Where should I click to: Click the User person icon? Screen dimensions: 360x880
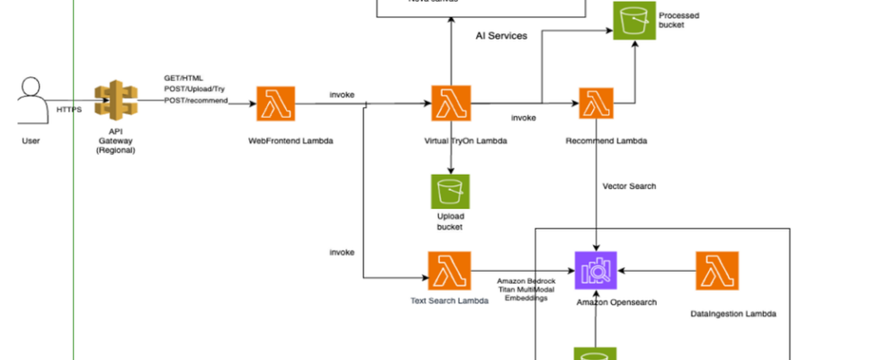tap(31, 101)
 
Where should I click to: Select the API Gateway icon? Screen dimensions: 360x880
tap(114, 104)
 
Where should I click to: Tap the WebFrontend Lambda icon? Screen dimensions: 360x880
tap(276, 104)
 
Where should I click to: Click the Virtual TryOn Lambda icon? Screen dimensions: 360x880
tap(451, 104)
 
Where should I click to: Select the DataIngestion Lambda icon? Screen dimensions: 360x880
tap(717, 269)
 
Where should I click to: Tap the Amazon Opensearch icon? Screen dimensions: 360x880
tap(595, 269)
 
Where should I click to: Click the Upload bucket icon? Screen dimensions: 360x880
tap(450, 193)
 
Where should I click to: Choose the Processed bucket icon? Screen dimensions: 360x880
tap(633, 20)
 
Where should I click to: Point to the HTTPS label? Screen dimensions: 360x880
tap(68, 110)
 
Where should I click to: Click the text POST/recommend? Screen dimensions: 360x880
tap(196, 101)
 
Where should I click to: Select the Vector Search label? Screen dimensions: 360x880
tap(629, 186)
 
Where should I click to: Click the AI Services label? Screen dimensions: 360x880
tap(501, 35)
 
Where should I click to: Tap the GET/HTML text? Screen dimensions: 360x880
tap(183, 78)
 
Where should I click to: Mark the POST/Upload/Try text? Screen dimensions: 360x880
tap(193, 90)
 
